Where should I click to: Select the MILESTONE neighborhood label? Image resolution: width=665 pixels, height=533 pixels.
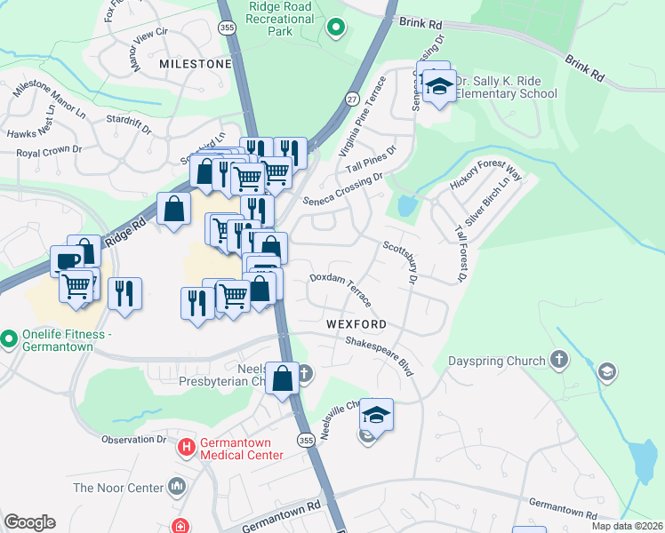(195, 65)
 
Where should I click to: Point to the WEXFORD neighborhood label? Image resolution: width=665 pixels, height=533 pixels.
(356, 324)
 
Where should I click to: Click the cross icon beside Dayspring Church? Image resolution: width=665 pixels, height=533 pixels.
(558, 360)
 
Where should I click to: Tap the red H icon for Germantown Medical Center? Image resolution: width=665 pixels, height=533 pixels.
(187, 447)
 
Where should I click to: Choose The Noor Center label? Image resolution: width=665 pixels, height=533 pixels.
(118, 488)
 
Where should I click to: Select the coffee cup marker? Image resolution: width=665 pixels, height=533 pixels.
(67, 260)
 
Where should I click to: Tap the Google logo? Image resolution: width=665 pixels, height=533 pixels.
(29, 522)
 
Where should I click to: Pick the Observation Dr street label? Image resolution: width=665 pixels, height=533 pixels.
(133, 439)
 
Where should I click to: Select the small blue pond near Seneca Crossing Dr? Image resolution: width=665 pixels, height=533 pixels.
(407, 207)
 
